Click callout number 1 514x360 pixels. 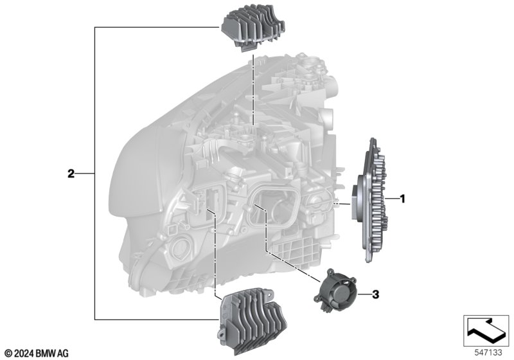pos(403,199)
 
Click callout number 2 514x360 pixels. pos(71,174)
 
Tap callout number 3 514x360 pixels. pos(375,294)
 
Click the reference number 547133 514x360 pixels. pos(488,352)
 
